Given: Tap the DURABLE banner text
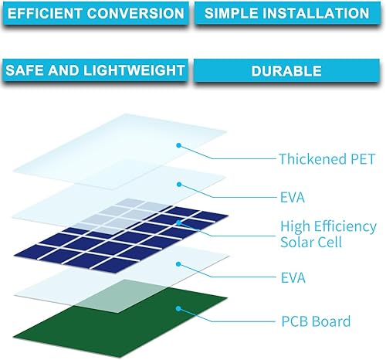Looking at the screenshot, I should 286,70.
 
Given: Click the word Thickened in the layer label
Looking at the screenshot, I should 313,159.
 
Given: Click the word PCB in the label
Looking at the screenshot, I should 293,321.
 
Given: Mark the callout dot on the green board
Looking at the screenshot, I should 178,308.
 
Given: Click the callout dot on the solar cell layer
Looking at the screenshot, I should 178,222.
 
